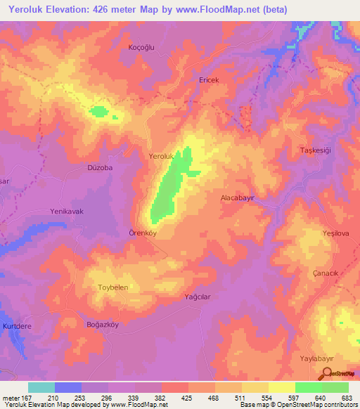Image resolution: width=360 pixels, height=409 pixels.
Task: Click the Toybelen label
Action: click(112, 287)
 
